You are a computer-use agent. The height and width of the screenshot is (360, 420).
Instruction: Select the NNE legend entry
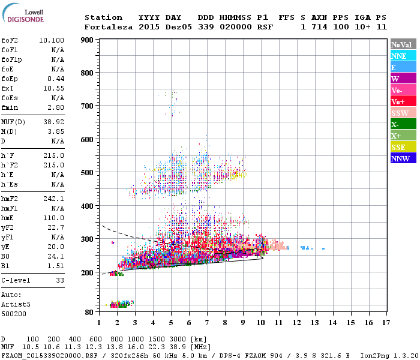coord(403,56)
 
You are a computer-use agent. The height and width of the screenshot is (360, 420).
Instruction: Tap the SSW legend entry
coord(403,113)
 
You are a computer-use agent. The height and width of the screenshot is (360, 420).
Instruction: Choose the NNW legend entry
coord(403,158)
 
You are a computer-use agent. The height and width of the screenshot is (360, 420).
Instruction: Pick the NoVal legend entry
coord(403,44)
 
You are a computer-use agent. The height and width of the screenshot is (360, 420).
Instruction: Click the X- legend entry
coord(403,124)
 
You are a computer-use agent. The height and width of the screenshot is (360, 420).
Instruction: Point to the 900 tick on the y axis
coord(88,40)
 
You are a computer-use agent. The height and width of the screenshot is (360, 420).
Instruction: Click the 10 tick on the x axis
coord(260,323)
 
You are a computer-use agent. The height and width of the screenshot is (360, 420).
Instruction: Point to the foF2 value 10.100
coord(52,40)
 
